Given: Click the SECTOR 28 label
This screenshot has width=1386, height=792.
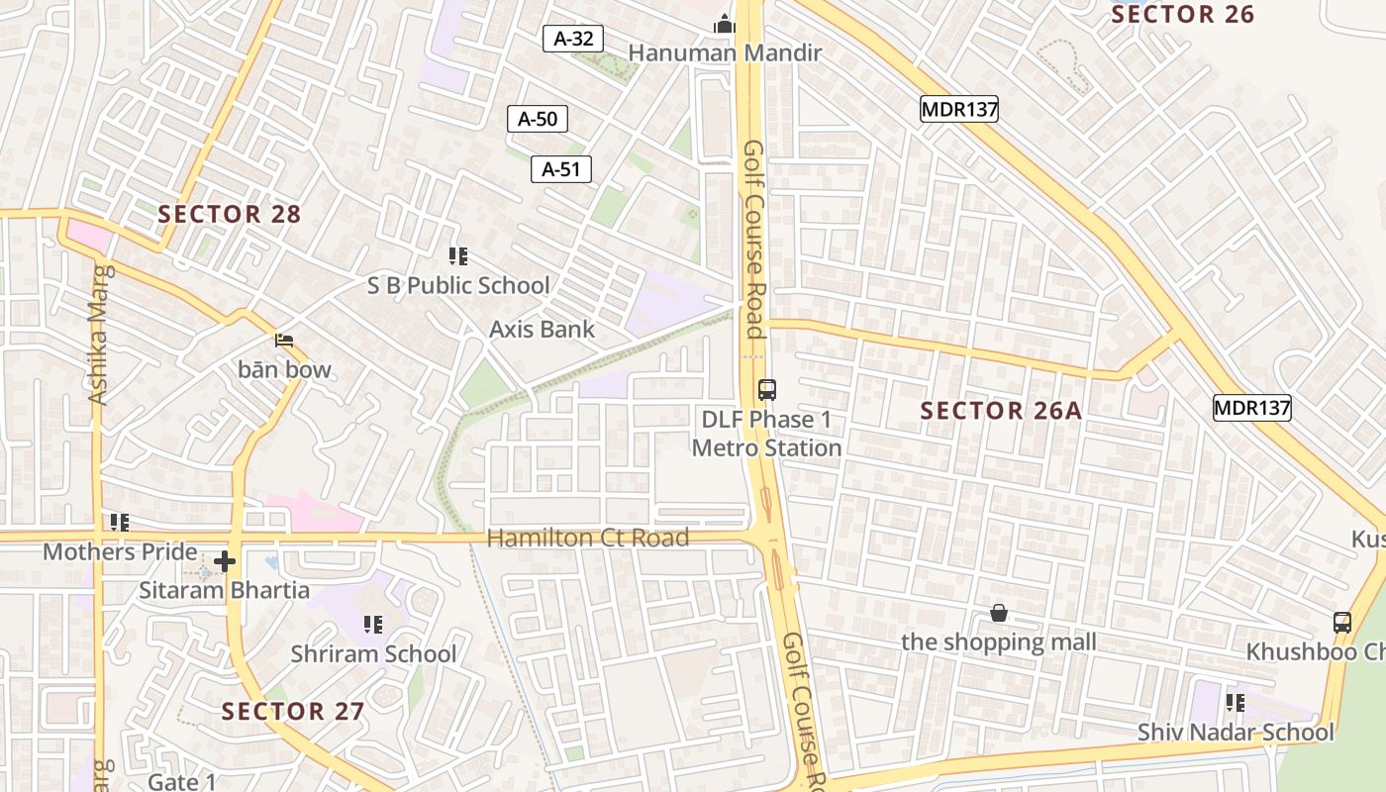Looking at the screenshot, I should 229,214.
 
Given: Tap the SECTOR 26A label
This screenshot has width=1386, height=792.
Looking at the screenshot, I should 1001,411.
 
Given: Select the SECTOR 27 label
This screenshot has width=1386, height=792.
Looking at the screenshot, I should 292,711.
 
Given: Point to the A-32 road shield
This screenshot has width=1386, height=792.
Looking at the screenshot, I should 573,39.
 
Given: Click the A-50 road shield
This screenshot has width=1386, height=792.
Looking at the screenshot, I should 538,119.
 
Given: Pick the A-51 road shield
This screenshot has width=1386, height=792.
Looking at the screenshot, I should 560,169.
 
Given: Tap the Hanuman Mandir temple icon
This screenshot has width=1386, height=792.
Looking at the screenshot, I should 725,24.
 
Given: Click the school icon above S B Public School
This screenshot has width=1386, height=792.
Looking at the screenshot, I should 457,257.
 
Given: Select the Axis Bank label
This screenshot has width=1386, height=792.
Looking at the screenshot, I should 543,330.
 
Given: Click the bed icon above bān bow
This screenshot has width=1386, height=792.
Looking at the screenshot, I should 285,342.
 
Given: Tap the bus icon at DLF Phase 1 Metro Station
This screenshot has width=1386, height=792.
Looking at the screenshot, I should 766,389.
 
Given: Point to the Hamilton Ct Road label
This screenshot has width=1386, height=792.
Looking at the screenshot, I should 587,539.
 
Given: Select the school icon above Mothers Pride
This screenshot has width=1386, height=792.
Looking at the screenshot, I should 120,522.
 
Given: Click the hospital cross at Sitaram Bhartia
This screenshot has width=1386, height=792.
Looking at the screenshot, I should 225,561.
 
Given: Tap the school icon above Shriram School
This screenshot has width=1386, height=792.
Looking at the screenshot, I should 373,624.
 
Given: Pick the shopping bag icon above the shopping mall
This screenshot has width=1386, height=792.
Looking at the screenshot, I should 999,614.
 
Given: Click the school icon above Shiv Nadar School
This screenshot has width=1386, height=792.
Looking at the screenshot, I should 1235,703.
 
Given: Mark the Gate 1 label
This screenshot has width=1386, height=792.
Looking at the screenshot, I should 182,782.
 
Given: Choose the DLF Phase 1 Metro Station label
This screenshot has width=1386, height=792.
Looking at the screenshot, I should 766,434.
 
